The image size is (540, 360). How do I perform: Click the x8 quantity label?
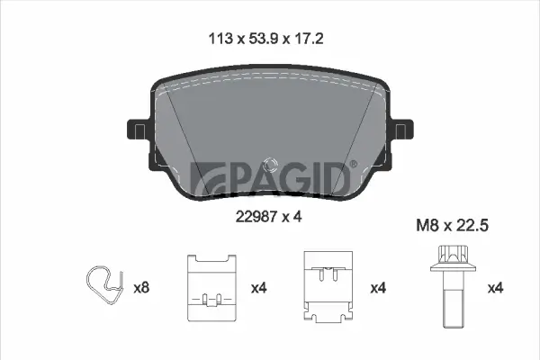click(x=140, y=288)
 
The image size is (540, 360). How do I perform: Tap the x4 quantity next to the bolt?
click(x=494, y=288)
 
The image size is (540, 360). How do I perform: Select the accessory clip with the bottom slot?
click(x=211, y=286)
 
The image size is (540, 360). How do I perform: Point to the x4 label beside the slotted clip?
click(x=259, y=288)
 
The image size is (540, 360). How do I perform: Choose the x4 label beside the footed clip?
click(x=378, y=288)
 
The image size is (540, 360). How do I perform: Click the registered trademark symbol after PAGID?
click(x=353, y=165)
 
